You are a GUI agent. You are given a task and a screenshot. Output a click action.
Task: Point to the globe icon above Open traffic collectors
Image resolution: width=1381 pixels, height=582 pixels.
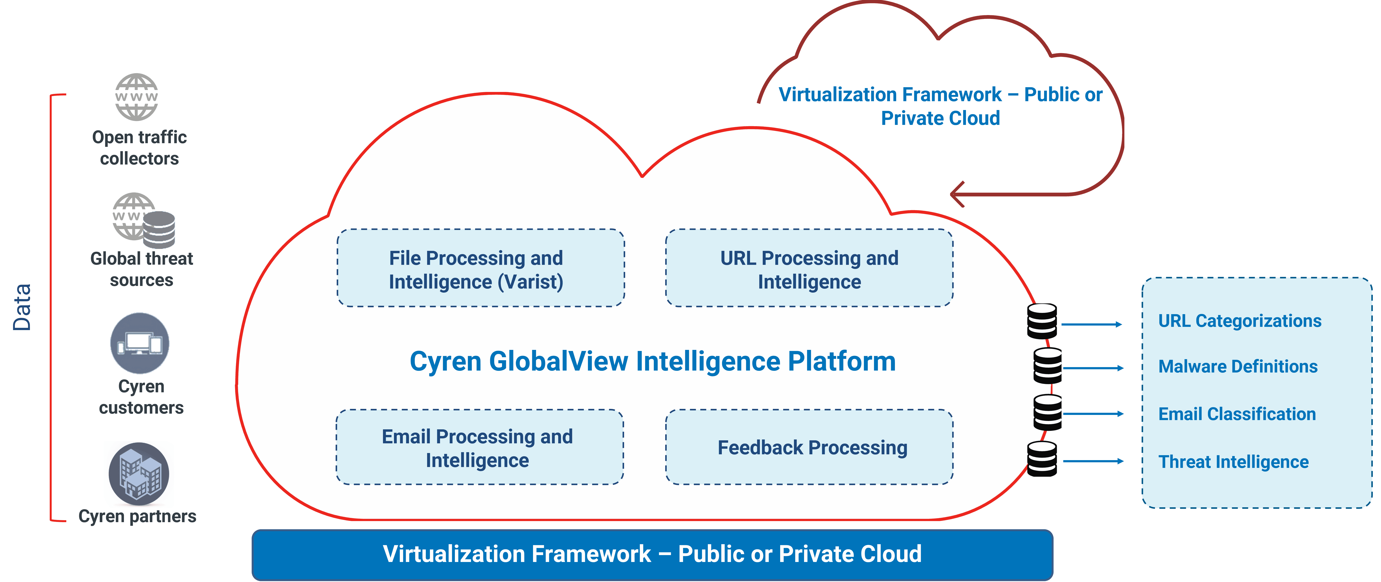137,97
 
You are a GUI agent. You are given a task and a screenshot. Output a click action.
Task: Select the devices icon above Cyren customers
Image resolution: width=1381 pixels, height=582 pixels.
140,343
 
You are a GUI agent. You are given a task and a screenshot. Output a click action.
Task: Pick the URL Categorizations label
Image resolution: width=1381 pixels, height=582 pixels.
1240,321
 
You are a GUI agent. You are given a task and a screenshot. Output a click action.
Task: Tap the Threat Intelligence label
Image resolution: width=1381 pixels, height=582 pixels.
1233,462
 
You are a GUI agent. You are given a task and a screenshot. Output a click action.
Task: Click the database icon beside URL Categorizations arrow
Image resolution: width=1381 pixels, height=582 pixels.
1042,321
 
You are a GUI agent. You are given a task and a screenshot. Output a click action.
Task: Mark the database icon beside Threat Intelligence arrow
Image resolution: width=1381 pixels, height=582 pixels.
1042,459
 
